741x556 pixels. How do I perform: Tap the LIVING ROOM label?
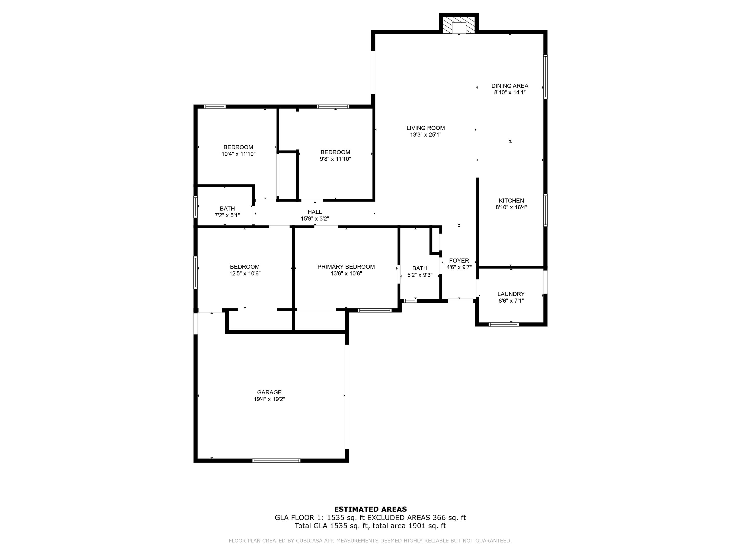[425, 128]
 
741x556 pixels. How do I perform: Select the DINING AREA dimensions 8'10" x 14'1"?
[510, 92]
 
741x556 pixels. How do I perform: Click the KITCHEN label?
[511, 201]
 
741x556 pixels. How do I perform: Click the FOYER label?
[459, 261]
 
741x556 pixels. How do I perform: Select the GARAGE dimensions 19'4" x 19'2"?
[269, 399]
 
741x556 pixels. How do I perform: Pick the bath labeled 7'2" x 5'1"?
[227, 212]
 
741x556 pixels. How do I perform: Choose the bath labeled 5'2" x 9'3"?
[419, 272]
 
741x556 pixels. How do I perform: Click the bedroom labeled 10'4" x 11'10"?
[238, 150]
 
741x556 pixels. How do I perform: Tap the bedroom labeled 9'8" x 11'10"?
[335, 155]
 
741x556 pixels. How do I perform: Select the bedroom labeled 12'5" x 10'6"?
[245, 270]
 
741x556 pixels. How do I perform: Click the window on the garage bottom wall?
[276, 460]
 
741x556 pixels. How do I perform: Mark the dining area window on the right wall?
[545, 77]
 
